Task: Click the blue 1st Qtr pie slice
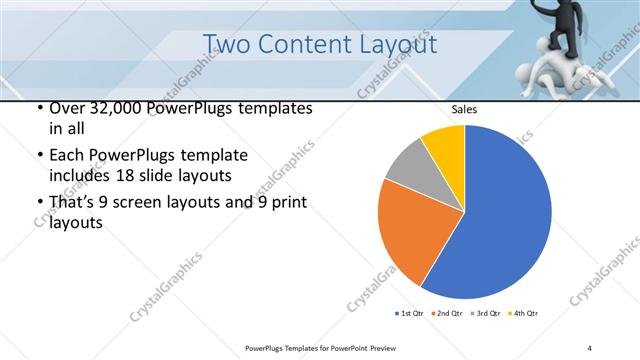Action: tap(500, 220)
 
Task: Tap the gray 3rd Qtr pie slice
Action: tap(405, 168)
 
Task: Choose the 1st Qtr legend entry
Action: tap(408, 314)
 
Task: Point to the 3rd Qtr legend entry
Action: tap(486, 314)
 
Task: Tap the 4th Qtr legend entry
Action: tap(524, 314)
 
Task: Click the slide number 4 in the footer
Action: tap(590, 347)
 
